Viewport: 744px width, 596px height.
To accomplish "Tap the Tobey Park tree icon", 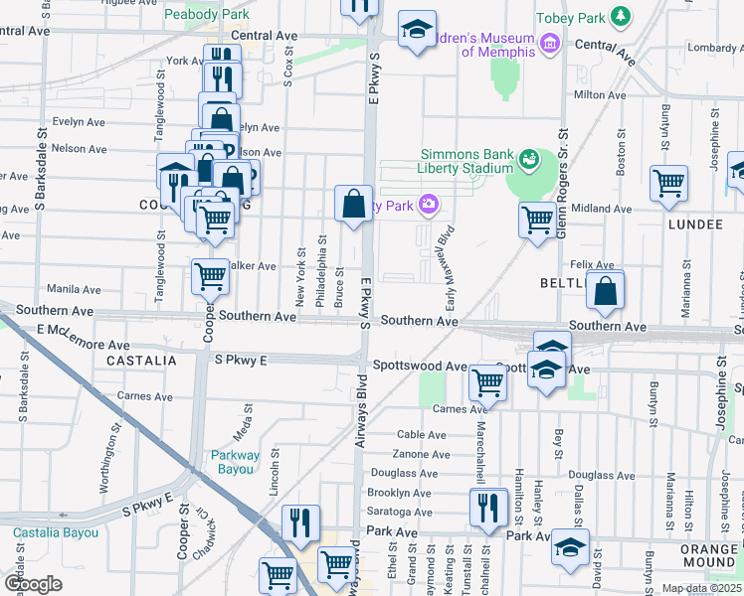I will (x=622, y=16).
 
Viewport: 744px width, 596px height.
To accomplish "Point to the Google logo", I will (x=33, y=584).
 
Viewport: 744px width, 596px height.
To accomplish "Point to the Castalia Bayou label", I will (x=56, y=532).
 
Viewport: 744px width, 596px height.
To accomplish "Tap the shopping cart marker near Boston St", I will (x=668, y=183).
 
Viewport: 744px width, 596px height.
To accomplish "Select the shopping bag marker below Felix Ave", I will (x=605, y=292).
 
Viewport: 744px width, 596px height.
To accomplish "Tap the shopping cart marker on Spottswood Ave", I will (x=486, y=380).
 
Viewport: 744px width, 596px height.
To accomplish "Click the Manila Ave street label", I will (x=75, y=290).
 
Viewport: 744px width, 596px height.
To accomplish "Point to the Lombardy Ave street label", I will (x=705, y=47).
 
